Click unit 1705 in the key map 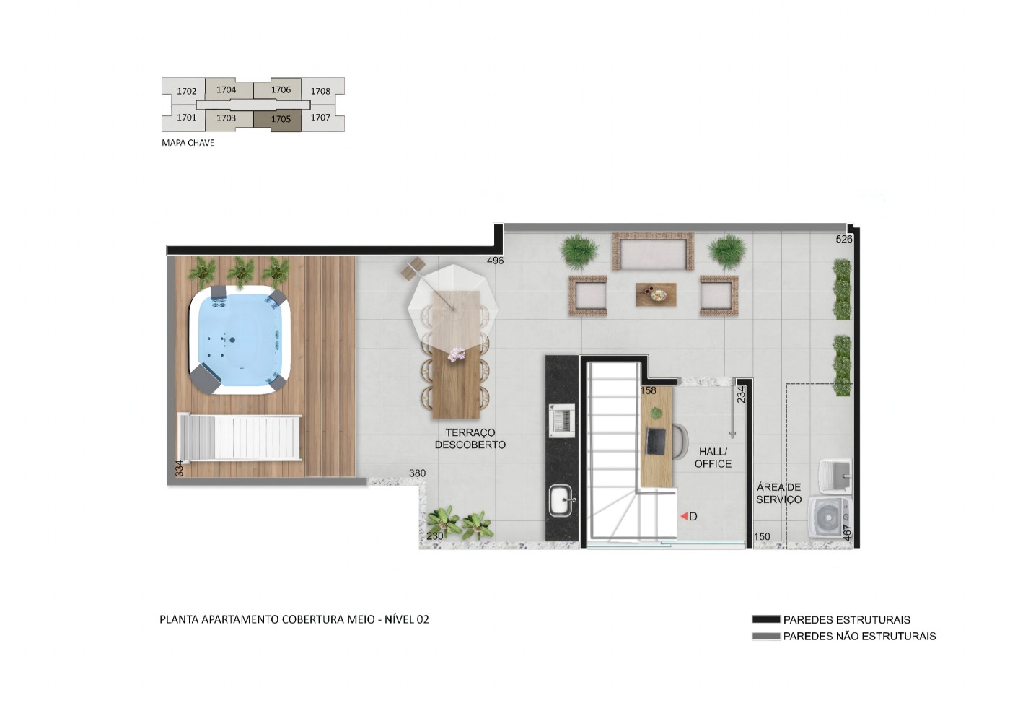281,119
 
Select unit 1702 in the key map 186,91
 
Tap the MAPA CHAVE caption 188,143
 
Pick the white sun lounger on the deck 240,437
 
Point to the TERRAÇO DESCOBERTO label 470,439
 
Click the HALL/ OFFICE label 713,458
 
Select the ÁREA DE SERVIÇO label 778,493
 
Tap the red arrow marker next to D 683,517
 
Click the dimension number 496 495,261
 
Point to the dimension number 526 843,239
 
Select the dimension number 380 417,473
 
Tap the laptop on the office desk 656,441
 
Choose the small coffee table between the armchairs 656,294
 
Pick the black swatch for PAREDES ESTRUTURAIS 765,619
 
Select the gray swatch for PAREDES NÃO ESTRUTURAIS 765,636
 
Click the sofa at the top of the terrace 653,253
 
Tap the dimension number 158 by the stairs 649,390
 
